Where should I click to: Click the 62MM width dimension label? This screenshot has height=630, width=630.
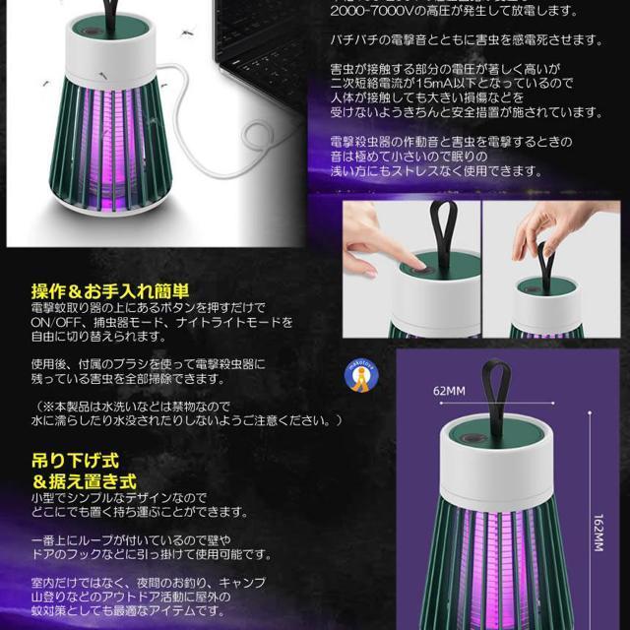(x=449, y=391)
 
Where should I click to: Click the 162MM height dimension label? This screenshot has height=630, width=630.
(x=598, y=533)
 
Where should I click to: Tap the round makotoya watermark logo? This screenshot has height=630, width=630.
(x=361, y=376)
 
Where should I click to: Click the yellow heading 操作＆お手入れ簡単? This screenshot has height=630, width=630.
(x=110, y=291)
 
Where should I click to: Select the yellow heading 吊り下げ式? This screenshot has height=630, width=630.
(x=75, y=461)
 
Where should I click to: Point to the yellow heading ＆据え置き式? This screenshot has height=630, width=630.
(x=85, y=481)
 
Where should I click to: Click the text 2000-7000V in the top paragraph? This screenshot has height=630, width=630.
(x=372, y=11)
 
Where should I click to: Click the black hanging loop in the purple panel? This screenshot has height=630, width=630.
(x=496, y=398)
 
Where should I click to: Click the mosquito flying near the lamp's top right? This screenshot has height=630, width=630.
(x=187, y=31)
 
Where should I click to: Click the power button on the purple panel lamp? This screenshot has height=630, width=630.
(x=469, y=438)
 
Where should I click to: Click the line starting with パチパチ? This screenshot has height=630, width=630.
(x=466, y=40)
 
